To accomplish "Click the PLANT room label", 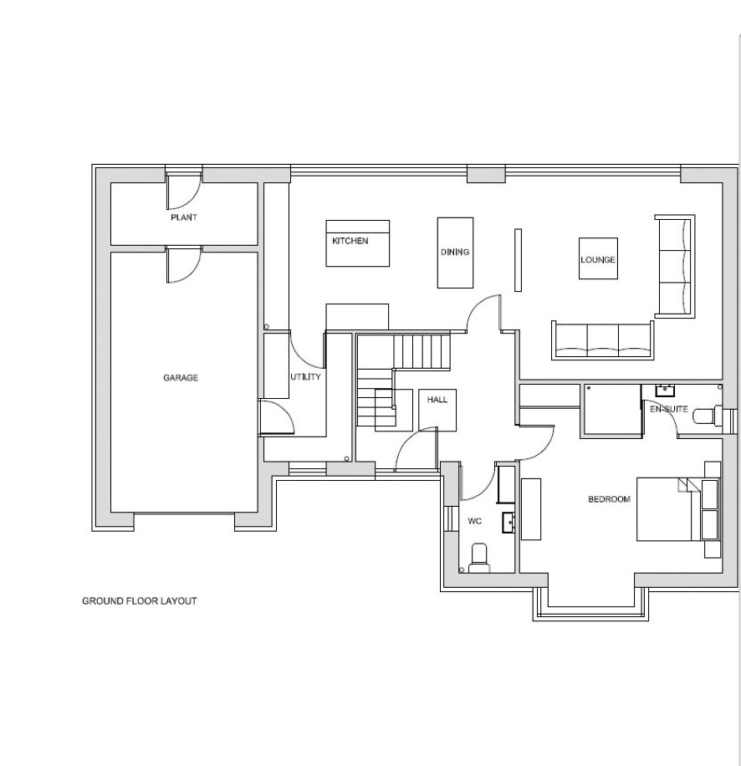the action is [184, 217].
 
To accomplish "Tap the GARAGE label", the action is [181, 378].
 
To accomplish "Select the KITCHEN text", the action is [350, 241].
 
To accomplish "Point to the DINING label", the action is [455, 252].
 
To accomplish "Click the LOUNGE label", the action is [598, 260].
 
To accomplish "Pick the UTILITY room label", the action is [306, 377].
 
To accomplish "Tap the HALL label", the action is [437, 400].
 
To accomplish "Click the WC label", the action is [475, 521].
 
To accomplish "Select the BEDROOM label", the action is [609, 499].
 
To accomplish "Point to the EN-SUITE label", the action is [669, 409].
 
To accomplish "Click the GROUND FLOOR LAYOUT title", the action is [139, 601].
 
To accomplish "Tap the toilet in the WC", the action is [479, 558].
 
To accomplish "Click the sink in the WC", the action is [509, 523].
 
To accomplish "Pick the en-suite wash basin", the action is [665, 391].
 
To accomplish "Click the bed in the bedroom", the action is [678, 509].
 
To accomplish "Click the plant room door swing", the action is [183, 191].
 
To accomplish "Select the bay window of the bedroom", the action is [591, 605].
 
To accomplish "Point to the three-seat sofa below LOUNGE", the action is [603, 340].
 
